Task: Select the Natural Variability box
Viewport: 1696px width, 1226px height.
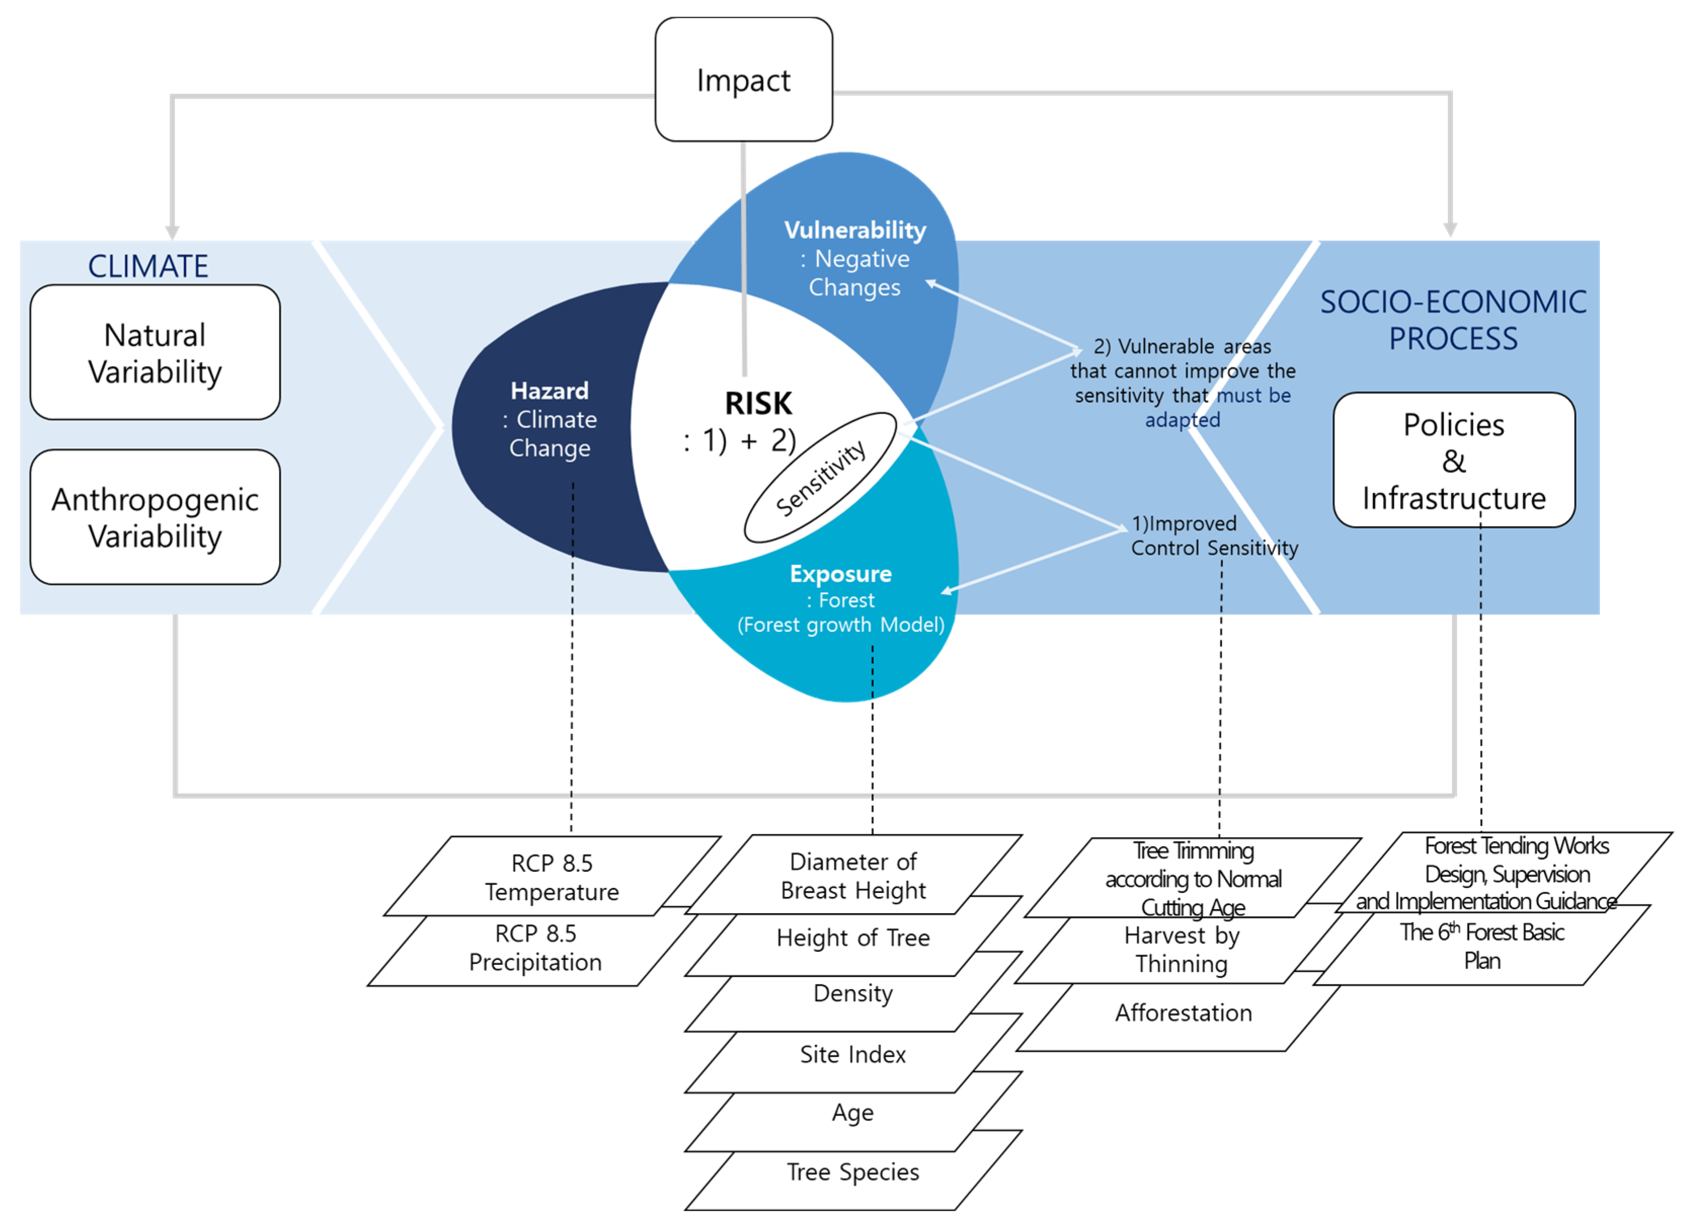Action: [155, 352]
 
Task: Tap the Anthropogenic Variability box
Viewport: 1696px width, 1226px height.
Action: [155, 517]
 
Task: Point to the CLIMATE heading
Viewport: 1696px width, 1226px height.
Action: [148, 266]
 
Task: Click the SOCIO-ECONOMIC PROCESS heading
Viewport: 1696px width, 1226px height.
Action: [1453, 320]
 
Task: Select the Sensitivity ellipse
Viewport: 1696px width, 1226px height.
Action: [820, 478]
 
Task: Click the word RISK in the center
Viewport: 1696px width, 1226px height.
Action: [758, 403]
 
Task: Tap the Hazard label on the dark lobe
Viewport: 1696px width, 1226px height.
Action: [550, 390]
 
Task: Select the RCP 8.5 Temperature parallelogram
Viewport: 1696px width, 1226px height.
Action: [552, 876]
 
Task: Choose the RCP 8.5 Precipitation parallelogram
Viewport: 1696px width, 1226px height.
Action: [536, 948]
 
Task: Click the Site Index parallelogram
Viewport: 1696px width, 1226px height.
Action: [853, 1054]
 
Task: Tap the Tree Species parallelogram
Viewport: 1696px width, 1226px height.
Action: [853, 1171]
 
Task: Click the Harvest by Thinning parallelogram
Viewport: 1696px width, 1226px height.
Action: [1182, 950]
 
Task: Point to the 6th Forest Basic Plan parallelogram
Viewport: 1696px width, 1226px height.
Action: [1482, 946]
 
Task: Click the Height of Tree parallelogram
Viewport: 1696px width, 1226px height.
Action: [853, 937]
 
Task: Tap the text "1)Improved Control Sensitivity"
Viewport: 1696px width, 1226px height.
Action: [1215, 535]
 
